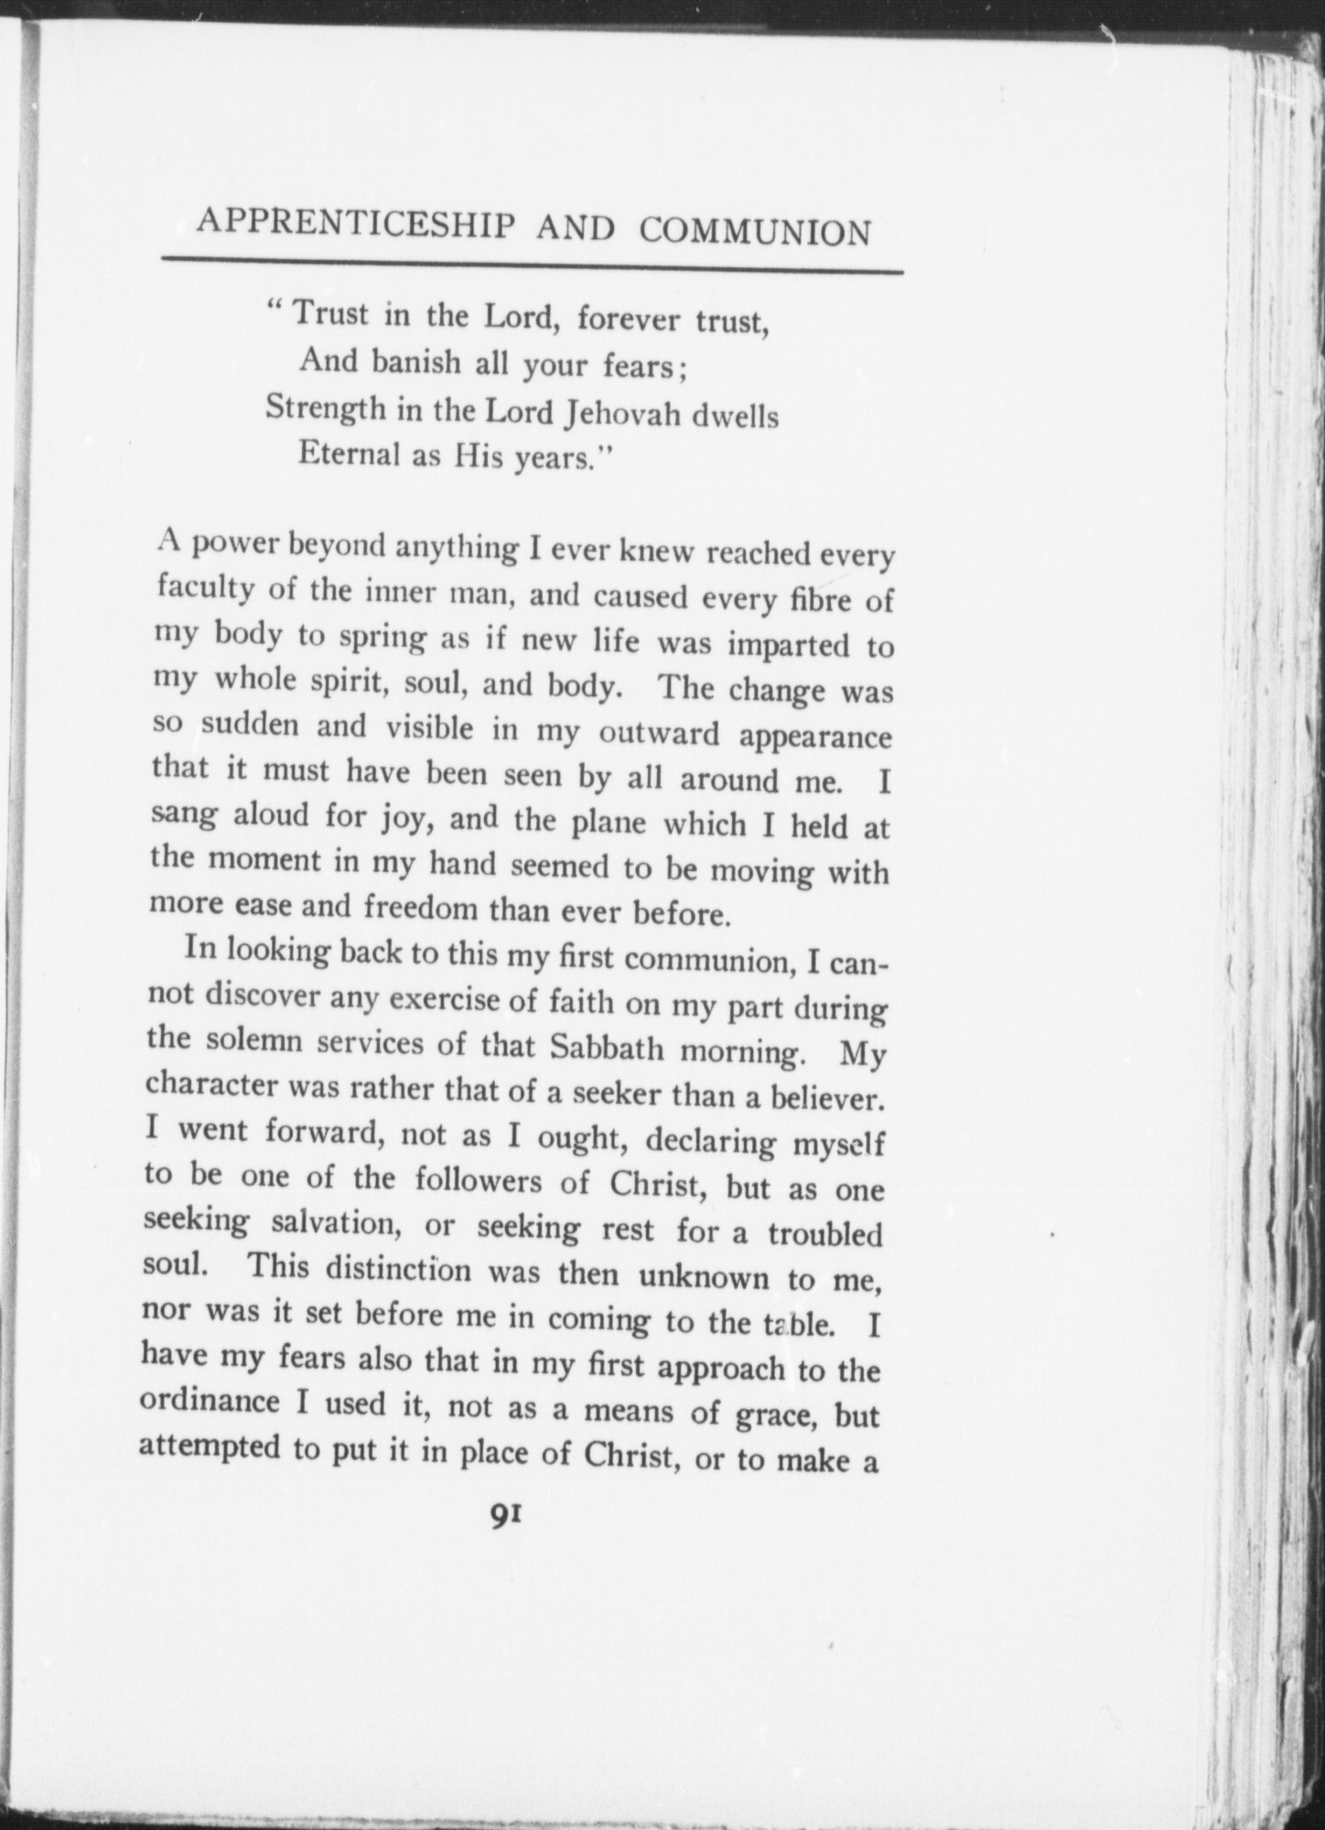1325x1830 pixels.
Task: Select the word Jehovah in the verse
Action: click(626, 414)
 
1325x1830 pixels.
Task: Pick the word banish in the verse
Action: click(415, 363)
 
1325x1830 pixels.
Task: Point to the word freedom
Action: click(420, 908)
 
